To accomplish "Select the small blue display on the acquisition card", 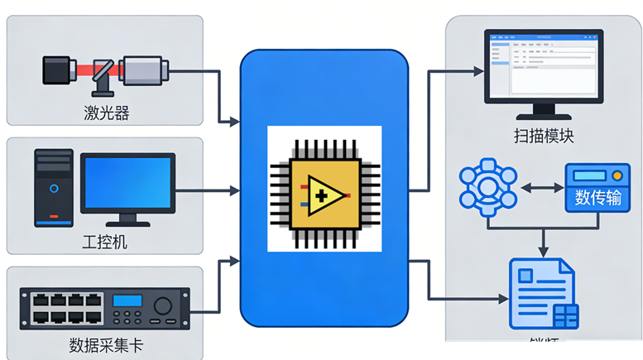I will click(x=128, y=301).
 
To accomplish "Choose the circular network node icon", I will click(x=488, y=188).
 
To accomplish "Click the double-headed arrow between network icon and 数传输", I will click(x=541, y=189).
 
